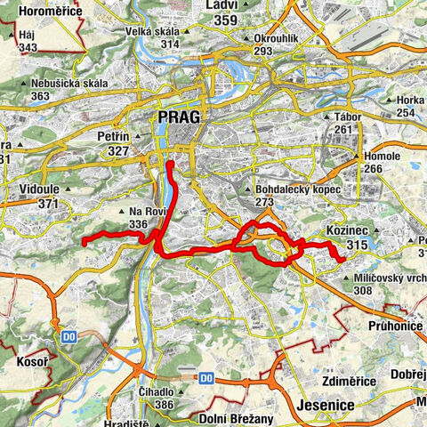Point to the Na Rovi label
(148, 212)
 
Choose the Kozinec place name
(348, 231)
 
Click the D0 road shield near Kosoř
(70, 336)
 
